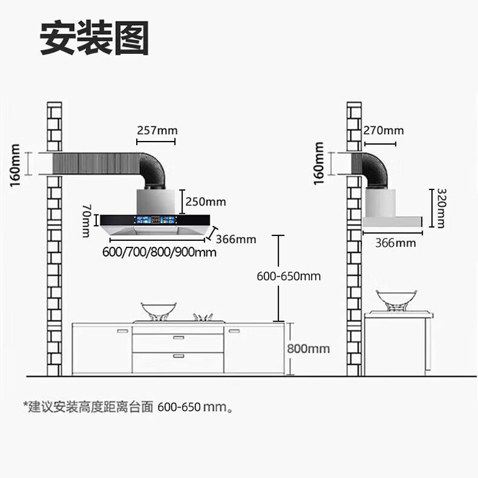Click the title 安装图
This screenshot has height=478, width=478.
94,39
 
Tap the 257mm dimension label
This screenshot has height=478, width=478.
156,130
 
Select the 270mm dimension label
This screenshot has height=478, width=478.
384,131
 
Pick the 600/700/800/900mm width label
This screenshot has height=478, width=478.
159,252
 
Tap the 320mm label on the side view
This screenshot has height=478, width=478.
441,207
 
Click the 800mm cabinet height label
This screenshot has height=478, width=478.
309,349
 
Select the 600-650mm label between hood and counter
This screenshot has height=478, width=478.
289,277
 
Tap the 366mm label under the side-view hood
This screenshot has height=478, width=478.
396,243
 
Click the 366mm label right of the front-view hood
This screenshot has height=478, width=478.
236,239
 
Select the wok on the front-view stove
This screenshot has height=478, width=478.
159,309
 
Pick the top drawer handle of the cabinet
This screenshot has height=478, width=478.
178,337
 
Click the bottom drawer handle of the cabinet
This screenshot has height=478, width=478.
178,356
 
